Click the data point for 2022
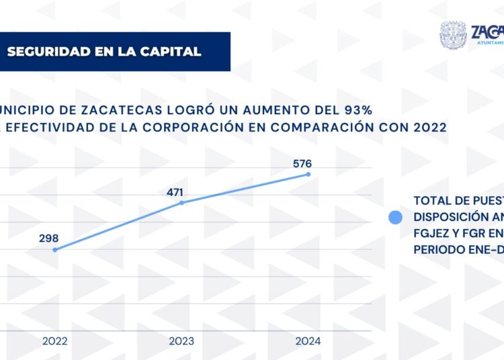tap(54, 250)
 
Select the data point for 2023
tap(181, 202)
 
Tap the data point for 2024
tap(308, 174)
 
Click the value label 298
tap(49, 238)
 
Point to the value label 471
tap(175, 193)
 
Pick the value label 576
tap(302, 163)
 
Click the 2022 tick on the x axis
tap(54, 341)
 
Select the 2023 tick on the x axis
tap(181, 341)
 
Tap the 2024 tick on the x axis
tap(308, 341)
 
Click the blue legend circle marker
tap(395, 217)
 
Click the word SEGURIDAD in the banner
tap(45, 52)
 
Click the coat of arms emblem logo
tap(454, 36)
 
